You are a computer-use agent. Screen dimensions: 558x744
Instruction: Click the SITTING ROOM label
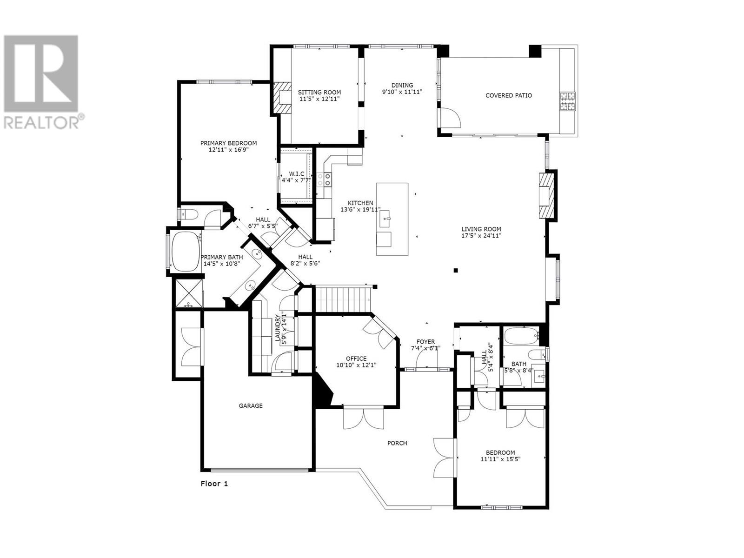tap(319, 92)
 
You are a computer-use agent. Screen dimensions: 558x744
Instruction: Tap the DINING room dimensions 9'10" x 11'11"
tap(402, 92)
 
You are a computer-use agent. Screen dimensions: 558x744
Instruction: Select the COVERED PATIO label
tap(508, 95)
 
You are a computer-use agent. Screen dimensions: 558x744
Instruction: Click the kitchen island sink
tap(385, 218)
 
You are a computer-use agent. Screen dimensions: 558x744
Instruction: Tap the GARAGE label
tap(251, 405)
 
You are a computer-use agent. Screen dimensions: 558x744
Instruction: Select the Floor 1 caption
tap(214, 484)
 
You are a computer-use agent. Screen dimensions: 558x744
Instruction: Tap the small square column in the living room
tap(456, 270)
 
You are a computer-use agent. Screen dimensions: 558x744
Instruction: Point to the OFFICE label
tap(356, 359)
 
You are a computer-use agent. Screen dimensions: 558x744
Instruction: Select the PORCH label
tap(397, 443)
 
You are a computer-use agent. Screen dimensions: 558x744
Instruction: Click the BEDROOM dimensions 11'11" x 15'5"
tap(500, 459)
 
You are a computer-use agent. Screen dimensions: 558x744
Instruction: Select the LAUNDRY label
tap(278, 328)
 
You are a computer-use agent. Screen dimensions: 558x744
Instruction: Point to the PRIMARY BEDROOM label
tap(228, 143)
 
